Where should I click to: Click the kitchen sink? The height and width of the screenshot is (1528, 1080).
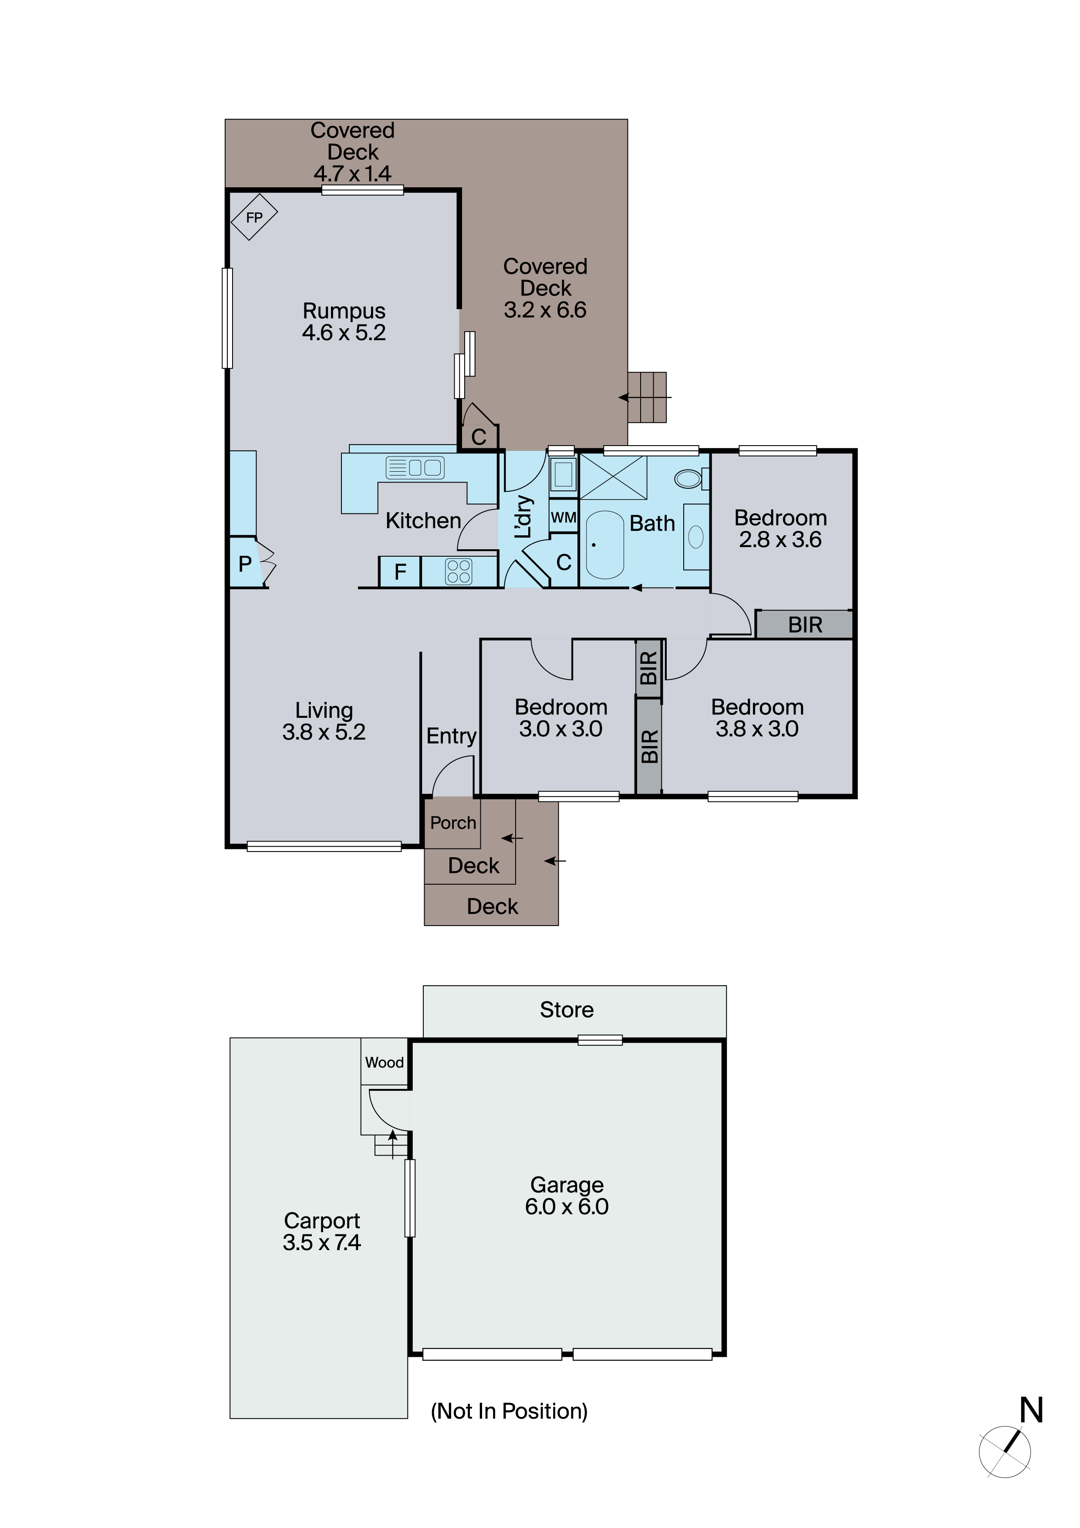[415, 468]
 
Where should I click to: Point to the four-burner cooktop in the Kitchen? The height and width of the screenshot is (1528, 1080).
[459, 571]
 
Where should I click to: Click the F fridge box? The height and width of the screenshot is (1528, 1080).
[400, 571]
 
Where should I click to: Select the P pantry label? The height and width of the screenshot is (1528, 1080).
[245, 564]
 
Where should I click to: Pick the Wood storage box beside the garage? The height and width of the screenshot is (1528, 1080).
[384, 1062]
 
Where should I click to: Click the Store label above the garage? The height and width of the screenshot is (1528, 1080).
[566, 1010]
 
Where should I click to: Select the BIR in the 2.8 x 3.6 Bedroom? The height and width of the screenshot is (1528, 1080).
[804, 625]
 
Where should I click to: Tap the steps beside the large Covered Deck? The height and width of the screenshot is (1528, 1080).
[647, 397]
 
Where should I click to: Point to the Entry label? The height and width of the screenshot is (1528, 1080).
[451, 736]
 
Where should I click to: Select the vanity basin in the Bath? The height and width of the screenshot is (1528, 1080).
[696, 536]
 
